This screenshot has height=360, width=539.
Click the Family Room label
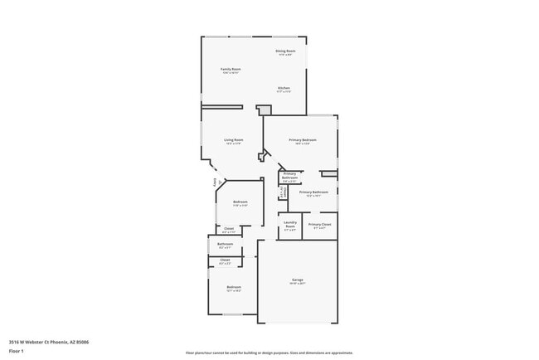[x=231, y=69]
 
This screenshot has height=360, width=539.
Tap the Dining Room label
[x=285, y=51]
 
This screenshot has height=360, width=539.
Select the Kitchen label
[x=284, y=88]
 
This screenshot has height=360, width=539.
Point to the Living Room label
[x=234, y=140]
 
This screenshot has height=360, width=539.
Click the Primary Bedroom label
[x=302, y=140]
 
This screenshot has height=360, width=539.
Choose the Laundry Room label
[x=290, y=222]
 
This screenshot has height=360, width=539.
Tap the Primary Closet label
[x=320, y=224]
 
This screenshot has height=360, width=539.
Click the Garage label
[x=298, y=280]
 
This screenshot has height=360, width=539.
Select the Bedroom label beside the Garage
[x=233, y=287]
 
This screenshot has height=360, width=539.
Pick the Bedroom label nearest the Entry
[x=240, y=202]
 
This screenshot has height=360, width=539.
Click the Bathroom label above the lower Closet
[x=226, y=244]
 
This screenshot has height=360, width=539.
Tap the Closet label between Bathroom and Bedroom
[x=225, y=260]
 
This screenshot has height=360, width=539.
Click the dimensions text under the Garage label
[x=298, y=285]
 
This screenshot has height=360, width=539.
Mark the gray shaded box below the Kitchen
[x=265, y=110]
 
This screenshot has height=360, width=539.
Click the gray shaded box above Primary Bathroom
[x=329, y=173]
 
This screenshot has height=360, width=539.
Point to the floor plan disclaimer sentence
[x=269, y=353]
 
